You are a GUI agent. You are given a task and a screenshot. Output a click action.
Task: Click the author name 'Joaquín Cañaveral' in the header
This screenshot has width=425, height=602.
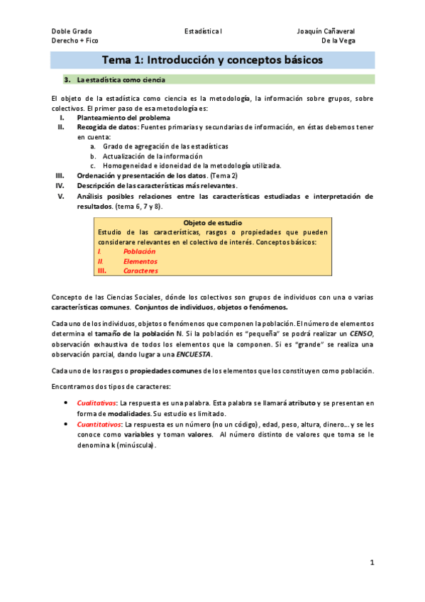[326, 32]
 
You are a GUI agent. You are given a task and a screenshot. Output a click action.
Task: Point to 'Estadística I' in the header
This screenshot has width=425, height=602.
[204, 32]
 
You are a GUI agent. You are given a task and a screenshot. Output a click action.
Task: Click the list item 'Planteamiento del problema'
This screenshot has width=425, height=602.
[123, 117]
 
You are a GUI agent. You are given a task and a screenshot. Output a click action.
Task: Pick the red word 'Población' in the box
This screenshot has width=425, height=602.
[139, 251]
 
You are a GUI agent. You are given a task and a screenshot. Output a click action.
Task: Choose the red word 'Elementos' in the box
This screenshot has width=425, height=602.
[140, 261]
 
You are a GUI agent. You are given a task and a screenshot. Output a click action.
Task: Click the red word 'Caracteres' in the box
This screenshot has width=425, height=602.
[140, 270]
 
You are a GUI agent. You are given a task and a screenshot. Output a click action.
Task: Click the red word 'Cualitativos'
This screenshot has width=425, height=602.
[96, 403]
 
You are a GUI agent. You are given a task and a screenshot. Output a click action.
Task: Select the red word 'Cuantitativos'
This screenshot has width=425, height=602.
[99, 425]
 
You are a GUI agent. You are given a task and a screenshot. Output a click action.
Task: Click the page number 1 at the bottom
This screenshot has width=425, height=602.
[371, 563]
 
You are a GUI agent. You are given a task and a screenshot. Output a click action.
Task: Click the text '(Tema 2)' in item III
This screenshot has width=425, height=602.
[223, 175]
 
